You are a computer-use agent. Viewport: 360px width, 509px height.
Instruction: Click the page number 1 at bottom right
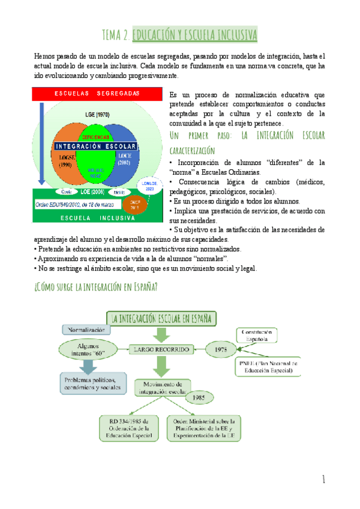pos(323,479)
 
